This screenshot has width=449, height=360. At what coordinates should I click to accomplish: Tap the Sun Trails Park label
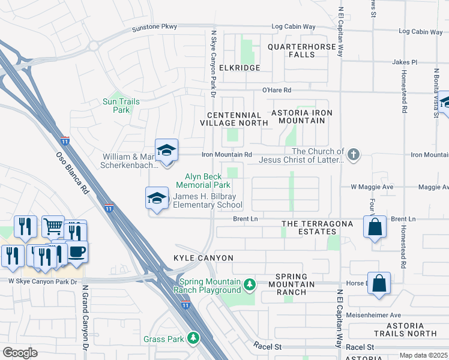coord(121,106)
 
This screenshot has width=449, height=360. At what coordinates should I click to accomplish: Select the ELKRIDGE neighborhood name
coord(240,68)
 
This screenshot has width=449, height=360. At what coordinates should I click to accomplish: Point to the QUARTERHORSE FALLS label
coord(300,50)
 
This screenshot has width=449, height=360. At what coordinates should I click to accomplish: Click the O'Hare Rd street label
coord(276,90)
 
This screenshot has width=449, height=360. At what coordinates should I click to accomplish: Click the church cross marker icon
coord(354,155)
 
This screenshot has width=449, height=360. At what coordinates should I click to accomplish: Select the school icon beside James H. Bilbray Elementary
coord(157,199)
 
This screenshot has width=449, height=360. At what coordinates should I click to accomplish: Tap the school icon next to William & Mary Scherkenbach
coord(166,150)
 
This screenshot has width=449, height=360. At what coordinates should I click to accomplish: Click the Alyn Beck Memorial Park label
coord(203,181)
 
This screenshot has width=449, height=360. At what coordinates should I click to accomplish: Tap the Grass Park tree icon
coord(193,339)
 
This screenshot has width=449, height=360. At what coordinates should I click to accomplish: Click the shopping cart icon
coord(53,227)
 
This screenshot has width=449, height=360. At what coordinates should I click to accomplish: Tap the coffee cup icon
coord(76,252)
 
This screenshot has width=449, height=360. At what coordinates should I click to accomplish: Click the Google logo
coord(20,352)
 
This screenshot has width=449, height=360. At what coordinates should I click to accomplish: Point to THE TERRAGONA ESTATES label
coord(309,227)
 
